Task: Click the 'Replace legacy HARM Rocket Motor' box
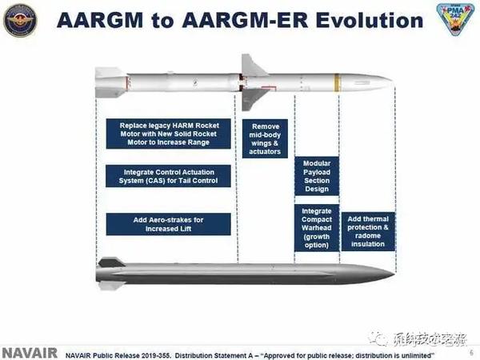[x=169, y=135]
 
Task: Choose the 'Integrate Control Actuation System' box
[x=169, y=176]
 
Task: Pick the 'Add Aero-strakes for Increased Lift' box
[x=169, y=223]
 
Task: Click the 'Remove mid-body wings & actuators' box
[x=265, y=139]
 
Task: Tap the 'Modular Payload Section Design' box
[x=316, y=174]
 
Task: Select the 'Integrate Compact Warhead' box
[x=316, y=227]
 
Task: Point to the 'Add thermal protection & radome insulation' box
[x=367, y=231]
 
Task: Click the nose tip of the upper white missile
[x=390, y=81]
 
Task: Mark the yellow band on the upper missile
[x=337, y=81]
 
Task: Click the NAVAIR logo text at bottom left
[x=29, y=352]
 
